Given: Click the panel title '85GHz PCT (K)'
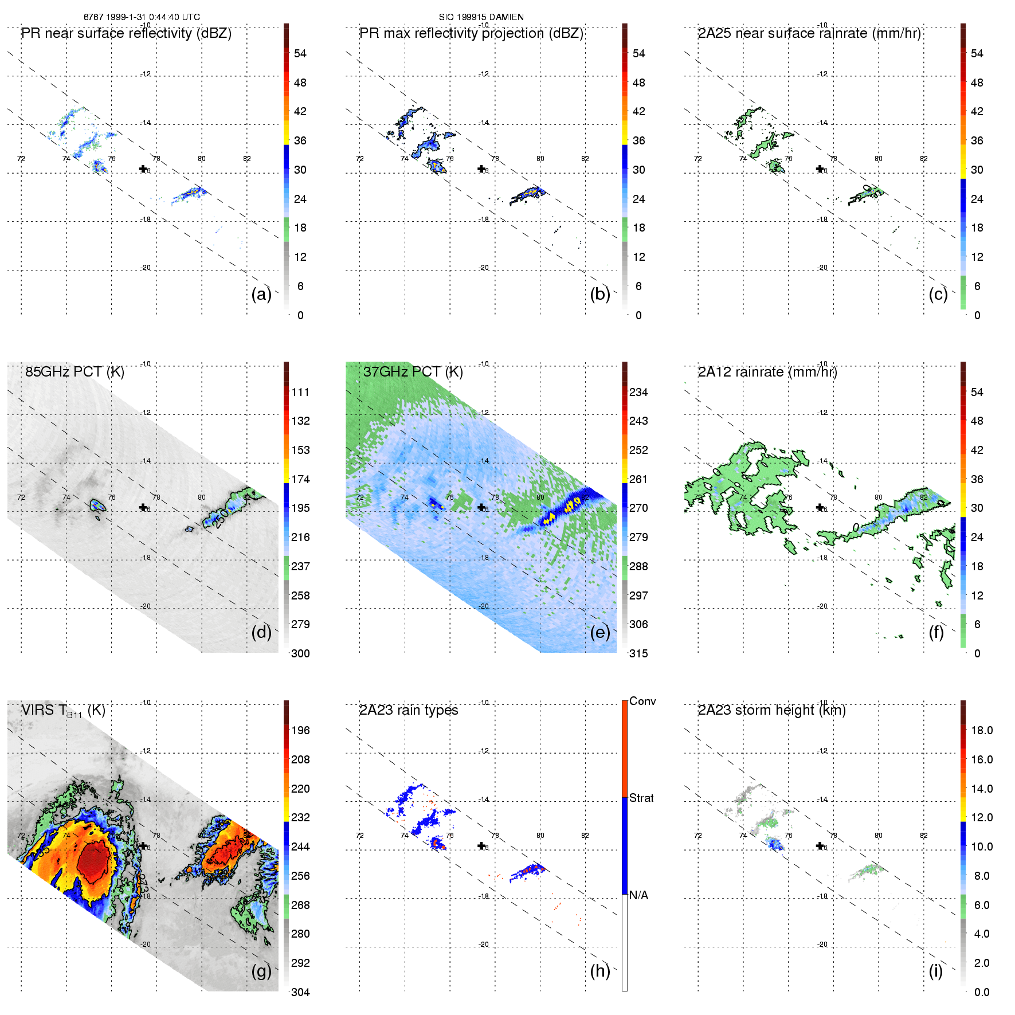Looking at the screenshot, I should pyautogui.click(x=75, y=372).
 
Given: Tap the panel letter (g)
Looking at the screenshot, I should pyautogui.click(x=261, y=971).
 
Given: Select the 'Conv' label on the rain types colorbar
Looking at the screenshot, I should pyautogui.click(x=642, y=701).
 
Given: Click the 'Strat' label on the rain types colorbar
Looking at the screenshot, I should pyautogui.click(x=641, y=798).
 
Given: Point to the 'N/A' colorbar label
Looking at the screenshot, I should pyautogui.click(x=638, y=895).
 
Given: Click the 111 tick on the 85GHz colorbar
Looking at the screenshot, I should pyautogui.click(x=300, y=392).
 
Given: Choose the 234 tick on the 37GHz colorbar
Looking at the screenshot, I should pyautogui.click(x=638, y=392).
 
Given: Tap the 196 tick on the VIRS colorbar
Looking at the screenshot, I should pyautogui.click(x=300, y=730).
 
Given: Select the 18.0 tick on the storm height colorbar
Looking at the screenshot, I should pyautogui.click(x=981, y=730).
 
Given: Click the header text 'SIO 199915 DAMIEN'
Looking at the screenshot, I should pyautogui.click(x=481, y=17).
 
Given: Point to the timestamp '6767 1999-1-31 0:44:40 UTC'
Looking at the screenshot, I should pyautogui.click(x=142, y=17).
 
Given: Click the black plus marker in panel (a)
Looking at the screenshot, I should pyautogui.click(x=143, y=168).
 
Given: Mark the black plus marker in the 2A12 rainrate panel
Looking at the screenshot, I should pyautogui.click(x=820, y=507).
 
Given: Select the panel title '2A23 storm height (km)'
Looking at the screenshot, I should pyautogui.click(x=771, y=710).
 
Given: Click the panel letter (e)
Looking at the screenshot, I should pyautogui.click(x=599, y=633).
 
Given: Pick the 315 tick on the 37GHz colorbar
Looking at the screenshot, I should pyautogui.click(x=638, y=653).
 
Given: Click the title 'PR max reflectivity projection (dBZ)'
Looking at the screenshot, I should pyautogui.click(x=471, y=33).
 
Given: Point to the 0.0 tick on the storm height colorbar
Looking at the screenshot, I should pyautogui.click(x=981, y=992).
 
